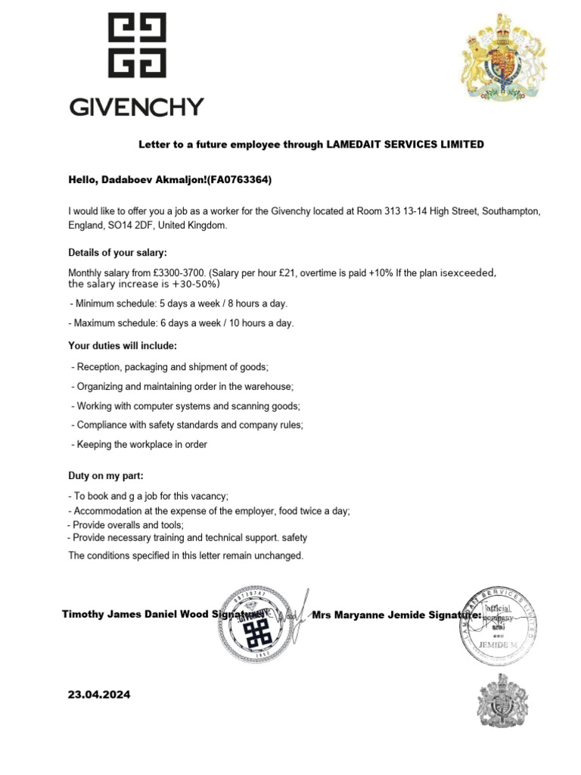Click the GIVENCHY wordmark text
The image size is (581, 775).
click(x=137, y=107)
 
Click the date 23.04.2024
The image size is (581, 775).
click(x=99, y=694)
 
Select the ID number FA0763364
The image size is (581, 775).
click(x=241, y=180)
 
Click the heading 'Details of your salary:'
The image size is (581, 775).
click(x=117, y=252)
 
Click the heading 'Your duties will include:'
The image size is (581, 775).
click(x=123, y=346)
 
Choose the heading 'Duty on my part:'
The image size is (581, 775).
click(x=106, y=476)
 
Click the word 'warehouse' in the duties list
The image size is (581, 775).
click(x=269, y=386)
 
